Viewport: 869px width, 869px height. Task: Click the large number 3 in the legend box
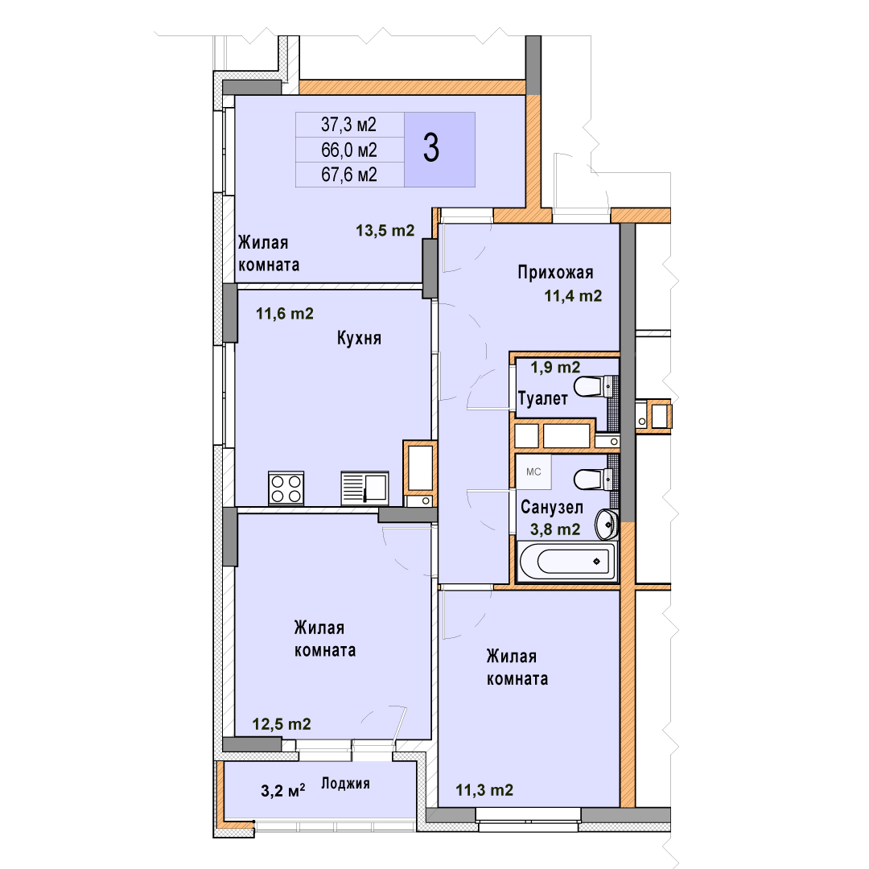[431, 149]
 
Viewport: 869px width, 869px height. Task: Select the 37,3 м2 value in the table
[348, 125]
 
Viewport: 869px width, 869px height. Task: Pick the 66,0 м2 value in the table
[349, 150]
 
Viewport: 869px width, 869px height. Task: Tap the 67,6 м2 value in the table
[349, 175]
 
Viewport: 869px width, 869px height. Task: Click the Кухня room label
[359, 338]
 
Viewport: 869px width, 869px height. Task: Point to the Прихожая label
[555, 272]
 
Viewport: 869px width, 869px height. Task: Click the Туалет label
[542, 398]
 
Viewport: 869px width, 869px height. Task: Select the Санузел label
[552, 507]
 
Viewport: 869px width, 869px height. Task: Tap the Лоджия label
[345, 784]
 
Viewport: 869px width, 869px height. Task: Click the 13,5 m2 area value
[385, 231]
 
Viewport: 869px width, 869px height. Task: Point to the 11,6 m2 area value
[285, 314]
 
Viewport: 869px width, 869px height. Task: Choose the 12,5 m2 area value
[282, 724]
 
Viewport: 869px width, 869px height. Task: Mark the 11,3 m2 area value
[484, 790]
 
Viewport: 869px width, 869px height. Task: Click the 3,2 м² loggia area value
[282, 790]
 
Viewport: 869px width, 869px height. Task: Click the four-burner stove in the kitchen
[286, 488]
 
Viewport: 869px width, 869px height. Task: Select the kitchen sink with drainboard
[364, 488]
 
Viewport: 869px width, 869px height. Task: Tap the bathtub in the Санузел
[567, 562]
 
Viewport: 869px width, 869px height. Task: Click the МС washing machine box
[533, 472]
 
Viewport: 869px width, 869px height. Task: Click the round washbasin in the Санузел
[607, 523]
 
